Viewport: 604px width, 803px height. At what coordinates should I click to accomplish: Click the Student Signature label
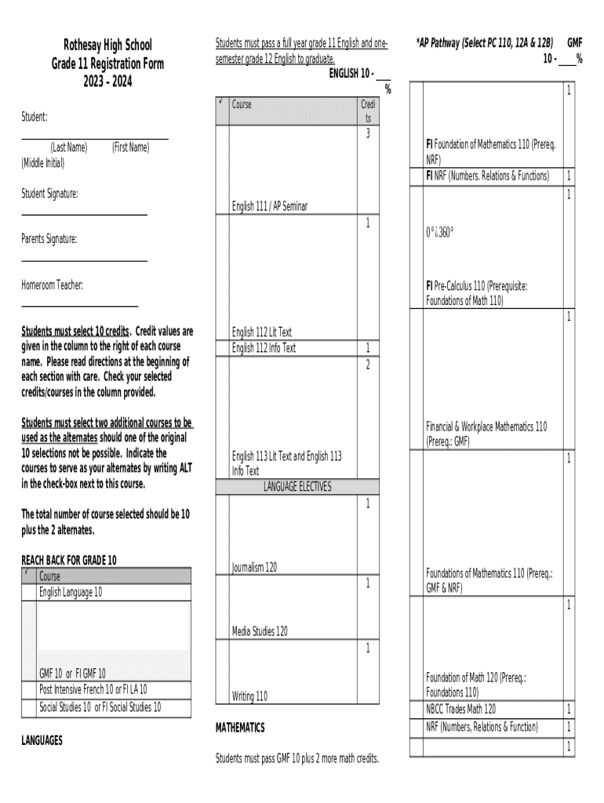pos(49,193)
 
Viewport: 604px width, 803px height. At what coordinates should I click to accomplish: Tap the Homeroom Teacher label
pos(52,285)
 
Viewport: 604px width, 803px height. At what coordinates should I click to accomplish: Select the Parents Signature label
pos(49,239)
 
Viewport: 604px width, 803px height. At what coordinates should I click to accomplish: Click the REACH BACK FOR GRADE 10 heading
pos(69,560)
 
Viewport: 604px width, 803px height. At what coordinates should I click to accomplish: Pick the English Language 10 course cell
pos(71,592)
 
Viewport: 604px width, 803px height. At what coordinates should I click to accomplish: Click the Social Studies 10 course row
pos(100,707)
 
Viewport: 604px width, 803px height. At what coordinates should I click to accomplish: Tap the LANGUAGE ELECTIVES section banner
pos(297,487)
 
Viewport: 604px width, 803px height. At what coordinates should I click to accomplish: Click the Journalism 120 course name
pos(254,567)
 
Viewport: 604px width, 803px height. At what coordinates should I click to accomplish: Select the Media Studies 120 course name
pos(260,630)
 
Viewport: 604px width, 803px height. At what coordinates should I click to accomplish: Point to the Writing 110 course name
pos(249,695)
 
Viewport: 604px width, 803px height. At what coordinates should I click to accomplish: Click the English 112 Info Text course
pos(264,348)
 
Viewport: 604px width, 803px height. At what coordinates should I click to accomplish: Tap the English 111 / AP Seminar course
pos(270,206)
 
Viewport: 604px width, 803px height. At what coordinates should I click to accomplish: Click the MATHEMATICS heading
pos(240,728)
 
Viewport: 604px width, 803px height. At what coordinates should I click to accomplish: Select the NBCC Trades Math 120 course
pos(460,709)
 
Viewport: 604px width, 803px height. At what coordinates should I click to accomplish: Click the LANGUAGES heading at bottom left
pos(42,739)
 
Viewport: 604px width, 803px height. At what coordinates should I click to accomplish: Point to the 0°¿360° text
pos(440,233)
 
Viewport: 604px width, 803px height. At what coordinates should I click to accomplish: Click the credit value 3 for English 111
pos(367,134)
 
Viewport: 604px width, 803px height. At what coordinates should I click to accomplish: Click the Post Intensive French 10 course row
pos(93,690)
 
